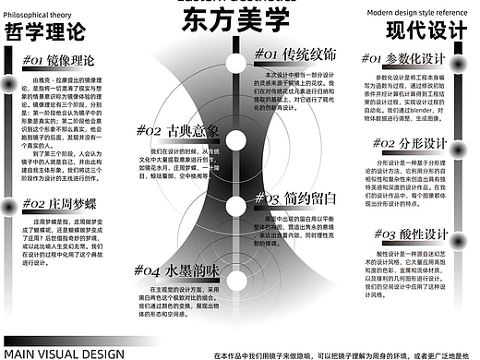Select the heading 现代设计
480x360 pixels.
tap(425, 30)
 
